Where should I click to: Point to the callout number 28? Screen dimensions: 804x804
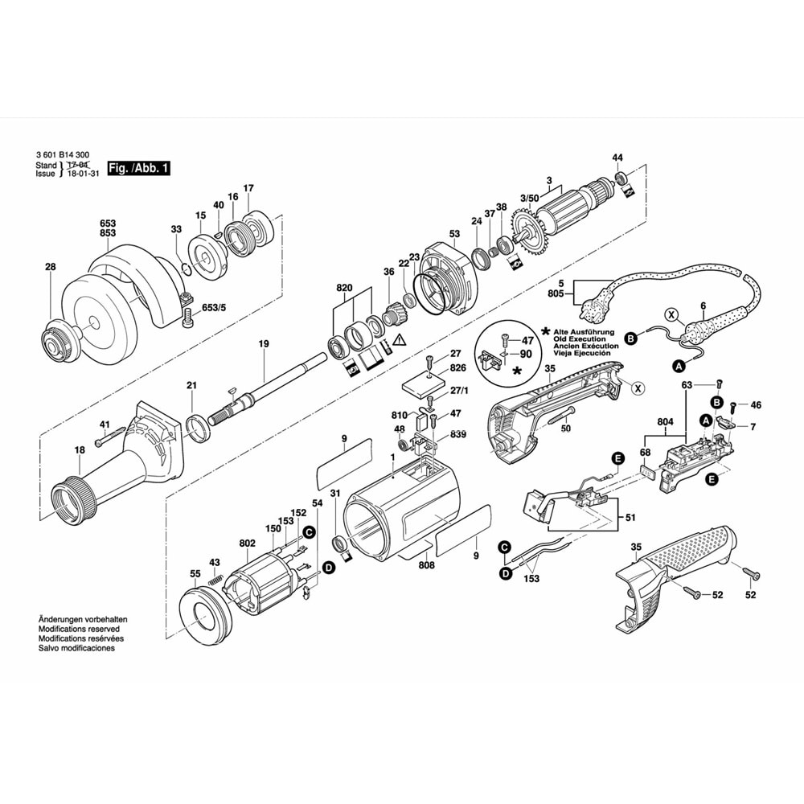[51, 267]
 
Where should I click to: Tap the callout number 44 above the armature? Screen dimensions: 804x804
[617, 157]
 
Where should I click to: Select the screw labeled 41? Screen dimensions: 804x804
[109, 441]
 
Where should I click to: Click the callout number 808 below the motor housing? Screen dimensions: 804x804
[427, 565]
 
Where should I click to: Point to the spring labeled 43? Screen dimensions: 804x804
[215, 577]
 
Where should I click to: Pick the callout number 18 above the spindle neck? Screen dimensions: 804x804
[79, 450]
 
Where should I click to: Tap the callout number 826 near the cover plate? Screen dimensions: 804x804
[457, 367]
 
